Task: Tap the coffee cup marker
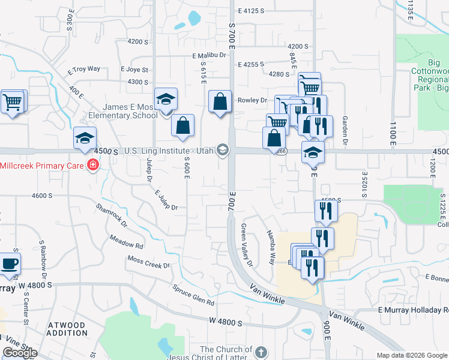(10, 263)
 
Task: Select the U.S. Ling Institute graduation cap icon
(223, 149)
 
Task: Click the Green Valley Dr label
(247, 245)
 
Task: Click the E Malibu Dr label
(209, 55)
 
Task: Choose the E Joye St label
(134, 70)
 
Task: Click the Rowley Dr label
(252, 100)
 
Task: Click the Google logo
(20, 352)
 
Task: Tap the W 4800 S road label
(217, 323)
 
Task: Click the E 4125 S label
(252, 11)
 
